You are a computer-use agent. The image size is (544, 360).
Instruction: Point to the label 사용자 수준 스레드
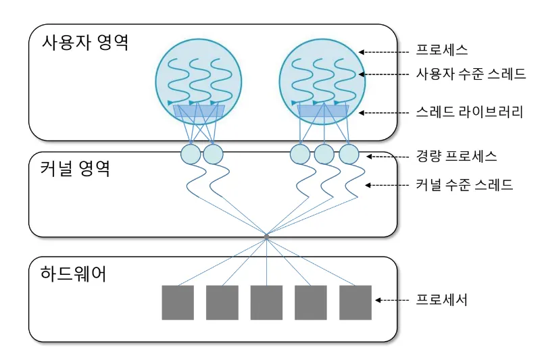470,74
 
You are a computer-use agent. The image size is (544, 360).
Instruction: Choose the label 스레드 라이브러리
469,112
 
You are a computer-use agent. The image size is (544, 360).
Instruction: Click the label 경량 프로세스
456,156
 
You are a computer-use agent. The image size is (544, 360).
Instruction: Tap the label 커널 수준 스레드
464,184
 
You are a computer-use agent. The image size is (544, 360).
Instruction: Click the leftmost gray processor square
178,303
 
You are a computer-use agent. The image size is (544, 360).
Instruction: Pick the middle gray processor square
266,303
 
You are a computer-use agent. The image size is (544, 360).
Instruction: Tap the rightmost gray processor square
355,303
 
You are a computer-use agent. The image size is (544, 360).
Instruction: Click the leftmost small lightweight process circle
191,155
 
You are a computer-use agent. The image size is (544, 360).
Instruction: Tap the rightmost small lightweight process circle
349,155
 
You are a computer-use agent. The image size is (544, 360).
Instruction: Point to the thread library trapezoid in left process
199,111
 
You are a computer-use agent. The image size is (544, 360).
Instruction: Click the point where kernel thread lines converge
267,236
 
